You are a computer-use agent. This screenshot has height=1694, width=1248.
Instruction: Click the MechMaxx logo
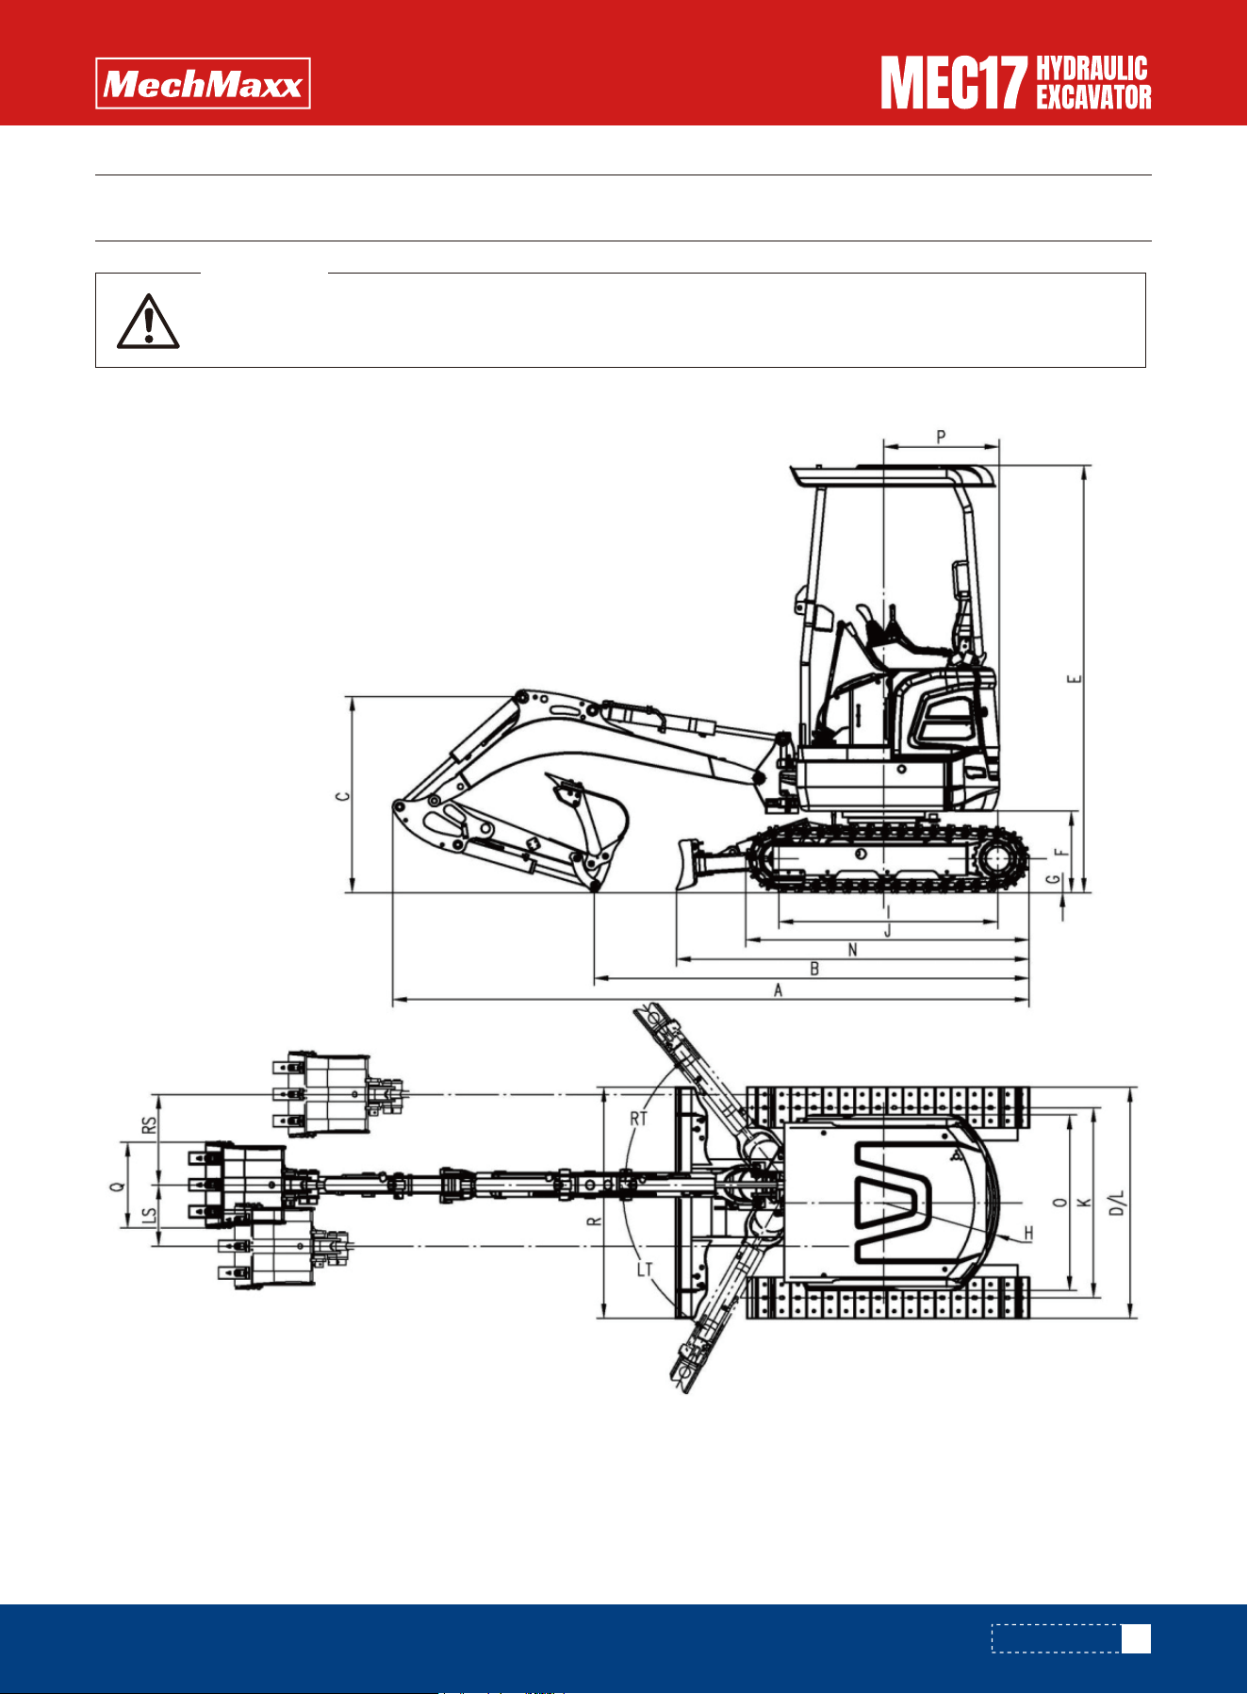pos(203,84)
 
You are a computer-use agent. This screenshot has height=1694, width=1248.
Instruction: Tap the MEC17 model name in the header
pos(953,83)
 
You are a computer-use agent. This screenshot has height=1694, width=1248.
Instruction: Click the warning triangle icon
pos(148,322)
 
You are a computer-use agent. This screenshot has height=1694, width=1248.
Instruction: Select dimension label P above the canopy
pos(941,437)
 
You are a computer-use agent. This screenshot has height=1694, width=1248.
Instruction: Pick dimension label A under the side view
pos(778,990)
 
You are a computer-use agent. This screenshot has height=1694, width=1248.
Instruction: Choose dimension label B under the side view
pos(814,969)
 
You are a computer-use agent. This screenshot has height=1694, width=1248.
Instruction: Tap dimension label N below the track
pos(853,950)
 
